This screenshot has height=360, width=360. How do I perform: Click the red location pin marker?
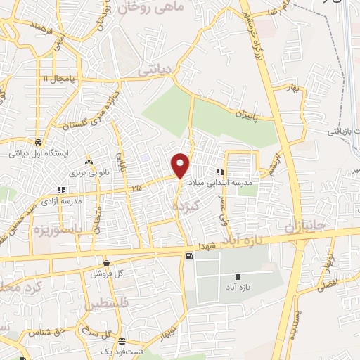click(181, 165)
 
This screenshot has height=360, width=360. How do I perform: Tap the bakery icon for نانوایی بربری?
click(88, 159)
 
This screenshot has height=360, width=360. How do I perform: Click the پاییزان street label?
click(247, 114)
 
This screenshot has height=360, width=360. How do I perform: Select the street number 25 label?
click(136, 188)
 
